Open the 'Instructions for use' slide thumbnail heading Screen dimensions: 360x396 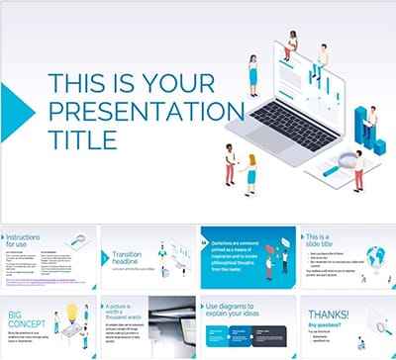30,238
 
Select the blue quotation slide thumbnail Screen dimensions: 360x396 245,257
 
